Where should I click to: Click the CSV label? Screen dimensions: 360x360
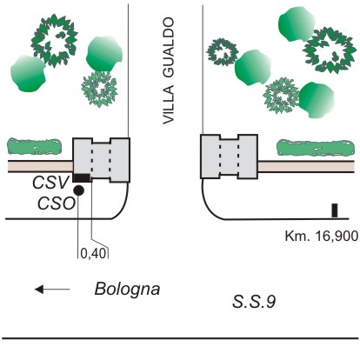click(50, 183)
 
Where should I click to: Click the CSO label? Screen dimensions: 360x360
click(57, 203)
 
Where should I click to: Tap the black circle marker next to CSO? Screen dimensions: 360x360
click(78, 190)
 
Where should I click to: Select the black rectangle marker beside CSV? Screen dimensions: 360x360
click(82, 178)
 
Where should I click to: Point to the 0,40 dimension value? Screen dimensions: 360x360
click(93, 254)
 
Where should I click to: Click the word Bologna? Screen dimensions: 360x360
click(127, 290)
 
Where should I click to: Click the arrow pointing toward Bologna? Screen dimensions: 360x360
click(52, 290)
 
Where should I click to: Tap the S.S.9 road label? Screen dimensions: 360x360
click(254, 302)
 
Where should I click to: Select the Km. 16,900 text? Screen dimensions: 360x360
click(322, 237)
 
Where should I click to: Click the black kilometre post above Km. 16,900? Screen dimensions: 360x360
click(335, 210)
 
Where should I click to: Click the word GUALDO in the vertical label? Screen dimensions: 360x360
click(169, 48)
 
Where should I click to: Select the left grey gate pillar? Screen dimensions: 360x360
click(101, 160)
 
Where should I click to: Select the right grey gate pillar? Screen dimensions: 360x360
click(230, 157)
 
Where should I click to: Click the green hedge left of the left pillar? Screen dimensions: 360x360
click(35, 146)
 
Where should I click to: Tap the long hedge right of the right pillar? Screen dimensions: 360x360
click(316, 148)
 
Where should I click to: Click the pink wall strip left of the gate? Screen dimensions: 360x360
click(40, 166)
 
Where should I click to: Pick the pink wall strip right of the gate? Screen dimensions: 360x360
click(306, 167)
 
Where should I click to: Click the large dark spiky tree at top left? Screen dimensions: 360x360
click(54, 41)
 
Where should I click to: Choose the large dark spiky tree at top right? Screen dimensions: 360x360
click(330, 50)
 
